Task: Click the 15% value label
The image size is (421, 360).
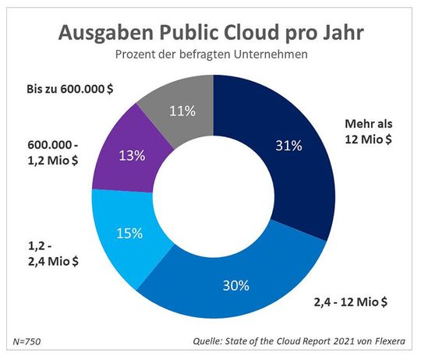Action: (x=129, y=233)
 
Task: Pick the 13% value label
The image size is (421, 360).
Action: (x=133, y=155)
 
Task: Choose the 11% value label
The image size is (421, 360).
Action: (x=182, y=111)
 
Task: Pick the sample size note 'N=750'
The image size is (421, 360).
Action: (x=29, y=342)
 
